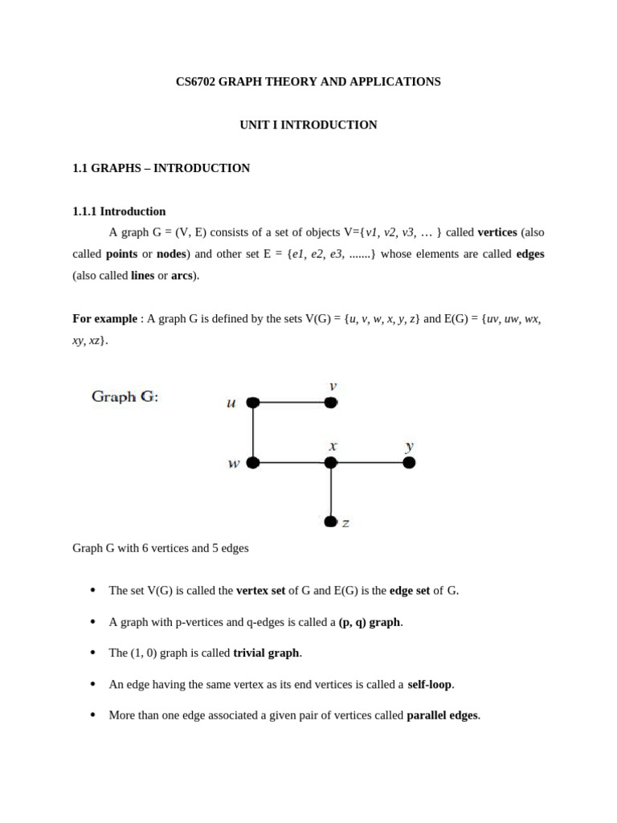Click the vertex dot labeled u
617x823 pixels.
click(253, 403)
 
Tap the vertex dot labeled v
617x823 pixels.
click(331, 403)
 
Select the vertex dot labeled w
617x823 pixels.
click(253, 462)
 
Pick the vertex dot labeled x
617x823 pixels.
click(331, 462)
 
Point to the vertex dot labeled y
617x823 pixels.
click(409, 462)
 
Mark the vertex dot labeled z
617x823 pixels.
click(331, 522)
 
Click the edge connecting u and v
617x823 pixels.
click(292, 403)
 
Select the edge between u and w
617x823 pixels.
click(253, 432)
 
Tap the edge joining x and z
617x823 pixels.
click(331, 492)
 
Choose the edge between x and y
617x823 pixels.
click(370, 462)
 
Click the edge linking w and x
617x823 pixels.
click(292, 462)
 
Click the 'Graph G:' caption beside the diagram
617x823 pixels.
click(125, 396)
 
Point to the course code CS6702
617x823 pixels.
click(195, 82)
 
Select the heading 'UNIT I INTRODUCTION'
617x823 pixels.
click(308, 125)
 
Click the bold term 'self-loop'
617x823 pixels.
click(431, 684)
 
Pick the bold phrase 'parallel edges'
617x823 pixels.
click(443, 715)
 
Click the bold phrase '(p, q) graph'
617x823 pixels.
click(369, 622)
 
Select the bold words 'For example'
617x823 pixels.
click(104, 319)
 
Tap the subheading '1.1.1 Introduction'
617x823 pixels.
click(119, 211)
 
